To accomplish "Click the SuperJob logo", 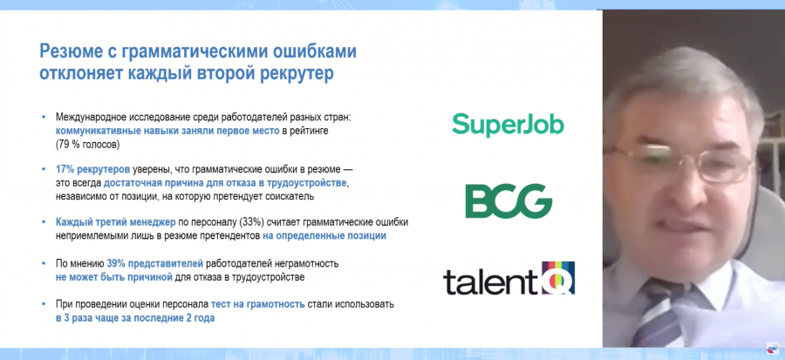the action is [x=508, y=125].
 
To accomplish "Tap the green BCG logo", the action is [x=509, y=201].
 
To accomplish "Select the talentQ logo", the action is [x=509, y=278].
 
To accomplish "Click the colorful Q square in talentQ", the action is [x=558, y=277].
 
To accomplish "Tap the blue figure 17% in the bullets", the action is [x=65, y=169].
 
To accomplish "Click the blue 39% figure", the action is [x=116, y=263].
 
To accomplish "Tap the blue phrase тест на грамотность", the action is [x=258, y=304].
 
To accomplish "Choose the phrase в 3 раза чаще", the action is [x=88, y=318].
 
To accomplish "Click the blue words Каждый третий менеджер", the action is [x=116, y=222].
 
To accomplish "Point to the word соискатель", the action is [x=292, y=196].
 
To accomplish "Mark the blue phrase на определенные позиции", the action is [x=324, y=236].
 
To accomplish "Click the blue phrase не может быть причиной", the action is [x=114, y=277].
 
